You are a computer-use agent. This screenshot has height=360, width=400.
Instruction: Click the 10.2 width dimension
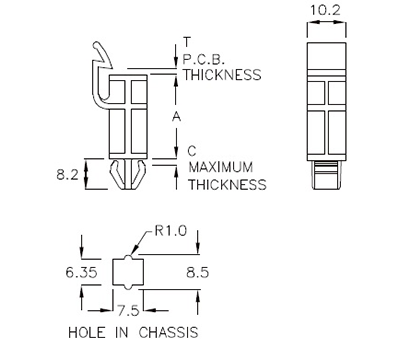(325, 11)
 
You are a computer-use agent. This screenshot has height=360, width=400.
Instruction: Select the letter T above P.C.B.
(187, 42)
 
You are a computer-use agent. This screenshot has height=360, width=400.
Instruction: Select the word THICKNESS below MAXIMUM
(228, 184)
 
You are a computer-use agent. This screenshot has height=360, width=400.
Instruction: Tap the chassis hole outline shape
(128, 271)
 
